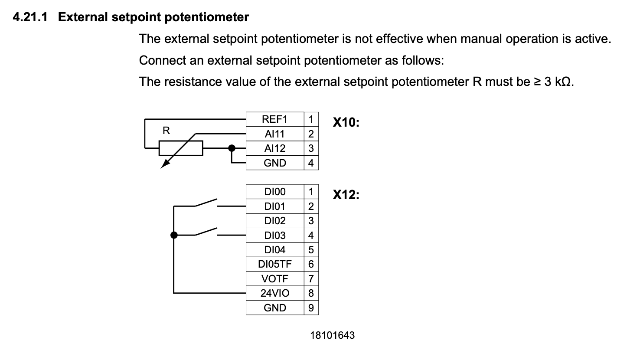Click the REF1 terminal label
coord(275,119)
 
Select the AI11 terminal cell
coord(275,134)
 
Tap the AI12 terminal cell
coord(275,148)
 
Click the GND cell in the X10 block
coord(275,163)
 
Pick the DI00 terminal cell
coord(275,192)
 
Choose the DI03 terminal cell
coord(275,236)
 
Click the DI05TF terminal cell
coord(275,264)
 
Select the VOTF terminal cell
coord(275,279)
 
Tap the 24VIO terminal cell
coord(275,293)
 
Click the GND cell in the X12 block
coord(275,308)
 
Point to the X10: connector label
coord(346,123)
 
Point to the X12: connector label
coord(346,195)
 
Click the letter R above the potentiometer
coord(166,130)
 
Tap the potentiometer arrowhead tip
coord(162,167)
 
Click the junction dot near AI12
coord(232,148)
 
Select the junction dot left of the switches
coord(174,235)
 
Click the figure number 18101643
coord(332,335)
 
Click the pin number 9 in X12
coord(311,308)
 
